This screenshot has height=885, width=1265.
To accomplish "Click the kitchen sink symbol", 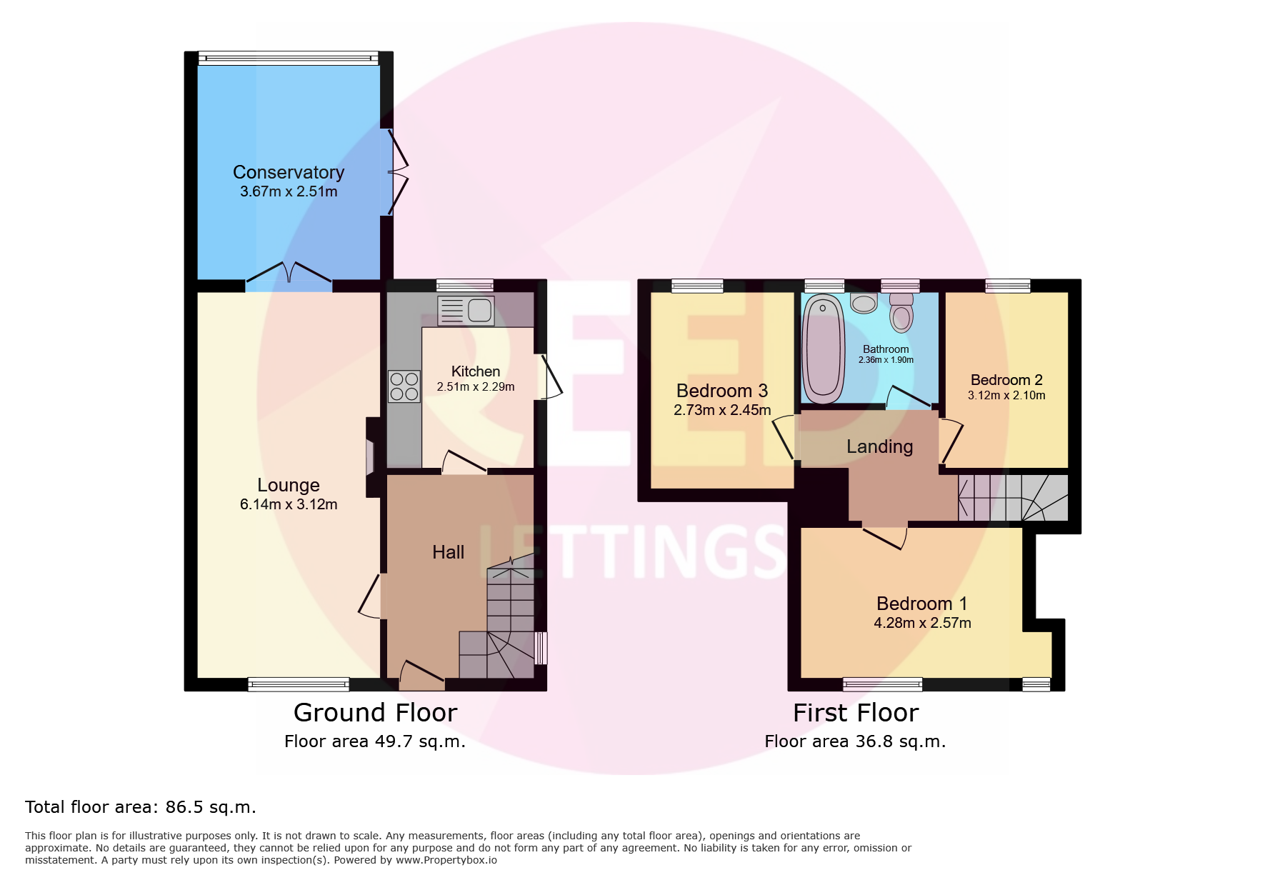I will [466, 311].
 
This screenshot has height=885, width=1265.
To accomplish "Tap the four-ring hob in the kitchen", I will [404, 386].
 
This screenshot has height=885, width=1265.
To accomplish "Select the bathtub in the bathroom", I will [824, 349].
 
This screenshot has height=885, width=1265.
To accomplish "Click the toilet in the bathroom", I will [901, 313].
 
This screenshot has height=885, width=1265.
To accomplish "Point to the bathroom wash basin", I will [864, 303].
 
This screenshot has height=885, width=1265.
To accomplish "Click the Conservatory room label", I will [289, 172].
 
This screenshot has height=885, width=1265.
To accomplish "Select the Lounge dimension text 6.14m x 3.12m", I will [289, 504].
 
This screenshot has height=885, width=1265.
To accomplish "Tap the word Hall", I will [448, 552].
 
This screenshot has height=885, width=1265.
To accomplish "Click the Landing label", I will [879, 446].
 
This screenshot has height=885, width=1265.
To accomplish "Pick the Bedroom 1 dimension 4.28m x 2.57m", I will [922, 623].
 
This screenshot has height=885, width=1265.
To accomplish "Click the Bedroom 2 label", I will [1006, 380].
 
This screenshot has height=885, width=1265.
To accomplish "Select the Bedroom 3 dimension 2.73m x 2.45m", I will [722, 410].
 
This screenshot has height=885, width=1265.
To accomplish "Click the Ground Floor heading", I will [375, 713].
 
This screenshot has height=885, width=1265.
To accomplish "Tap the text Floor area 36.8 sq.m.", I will [855, 741].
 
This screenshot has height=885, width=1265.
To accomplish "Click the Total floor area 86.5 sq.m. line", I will [141, 807].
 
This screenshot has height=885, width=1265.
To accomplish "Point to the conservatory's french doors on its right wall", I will [397, 171].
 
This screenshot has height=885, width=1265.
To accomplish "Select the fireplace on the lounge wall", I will [371, 457].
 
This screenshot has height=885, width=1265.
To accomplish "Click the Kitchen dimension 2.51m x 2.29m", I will [476, 386].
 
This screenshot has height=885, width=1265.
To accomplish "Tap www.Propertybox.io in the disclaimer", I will [446, 860].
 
